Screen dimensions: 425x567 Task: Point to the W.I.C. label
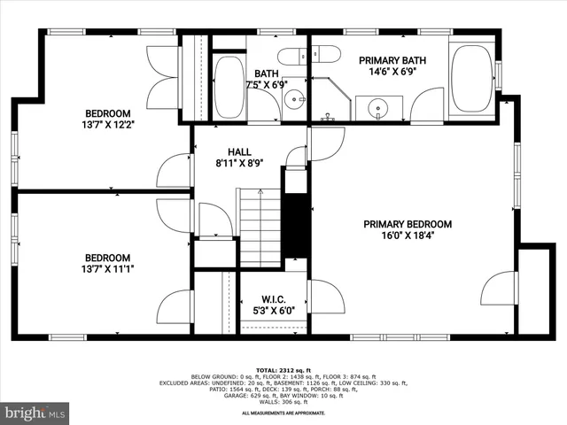pyautogui.click(x=272, y=298)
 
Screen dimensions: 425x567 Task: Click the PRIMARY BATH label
pyautogui.click(x=392, y=60)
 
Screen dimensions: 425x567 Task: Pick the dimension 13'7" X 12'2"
pyautogui.click(x=108, y=126)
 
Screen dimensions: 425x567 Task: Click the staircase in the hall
pyautogui.click(x=258, y=232)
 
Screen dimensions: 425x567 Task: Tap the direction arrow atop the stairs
pyautogui.click(x=258, y=194)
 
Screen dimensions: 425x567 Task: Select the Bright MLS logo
pyautogui.click(x=34, y=413)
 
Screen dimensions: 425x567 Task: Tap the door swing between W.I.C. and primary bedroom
pyautogui.click(x=320, y=297)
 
